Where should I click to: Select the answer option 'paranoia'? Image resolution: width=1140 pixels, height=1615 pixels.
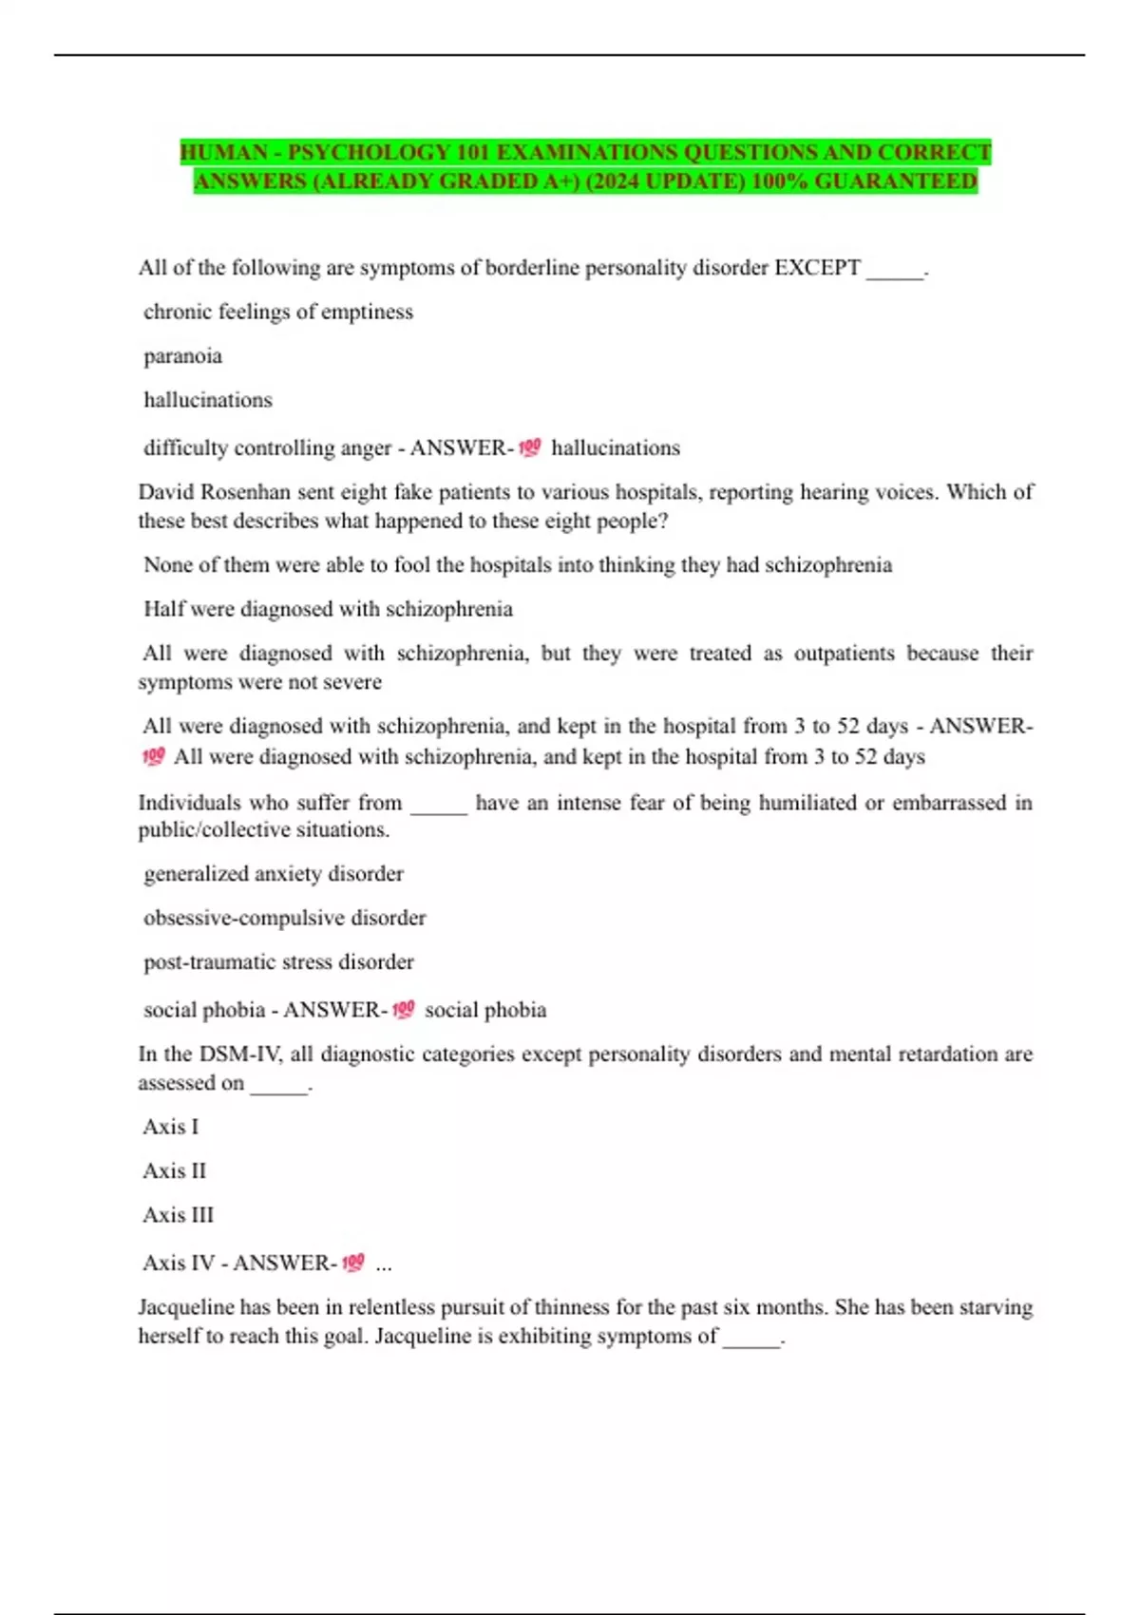pyautogui.click(x=182, y=356)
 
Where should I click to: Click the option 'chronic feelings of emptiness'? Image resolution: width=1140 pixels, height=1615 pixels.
pyautogui.click(x=277, y=312)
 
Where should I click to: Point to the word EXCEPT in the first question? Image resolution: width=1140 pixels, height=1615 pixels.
pyautogui.click(x=817, y=268)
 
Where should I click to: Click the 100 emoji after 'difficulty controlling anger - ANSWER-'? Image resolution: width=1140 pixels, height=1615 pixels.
pyautogui.click(x=530, y=446)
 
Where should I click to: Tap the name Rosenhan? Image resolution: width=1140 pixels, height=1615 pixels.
pyautogui.click(x=245, y=492)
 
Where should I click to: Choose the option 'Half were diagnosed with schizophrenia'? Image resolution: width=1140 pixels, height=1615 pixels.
pyautogui.click(x=328, y=609)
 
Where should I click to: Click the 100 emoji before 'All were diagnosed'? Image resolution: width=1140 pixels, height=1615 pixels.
pyautogui.click(x=153, y=757)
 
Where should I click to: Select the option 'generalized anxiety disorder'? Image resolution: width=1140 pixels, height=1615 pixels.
pyautogui.click(x=274, y=874)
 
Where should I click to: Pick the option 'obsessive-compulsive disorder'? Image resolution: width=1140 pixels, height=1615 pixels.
pyautogui.click(x=284, y=918)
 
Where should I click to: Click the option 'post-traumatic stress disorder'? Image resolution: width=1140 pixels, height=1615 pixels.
pyautogui.click(x=278, y=962)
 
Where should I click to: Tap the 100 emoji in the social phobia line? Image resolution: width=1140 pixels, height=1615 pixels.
pyautogui.click(x=403, y=1009)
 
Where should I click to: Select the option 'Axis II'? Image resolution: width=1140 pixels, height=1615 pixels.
pyautogui.click(x=174, y=1171)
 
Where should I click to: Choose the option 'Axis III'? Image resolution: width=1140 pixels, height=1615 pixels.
pyautogui.click(x=178, y=1215)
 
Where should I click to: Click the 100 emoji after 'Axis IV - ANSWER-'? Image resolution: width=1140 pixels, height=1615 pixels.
pyautogui.click(x=352, y=1263)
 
